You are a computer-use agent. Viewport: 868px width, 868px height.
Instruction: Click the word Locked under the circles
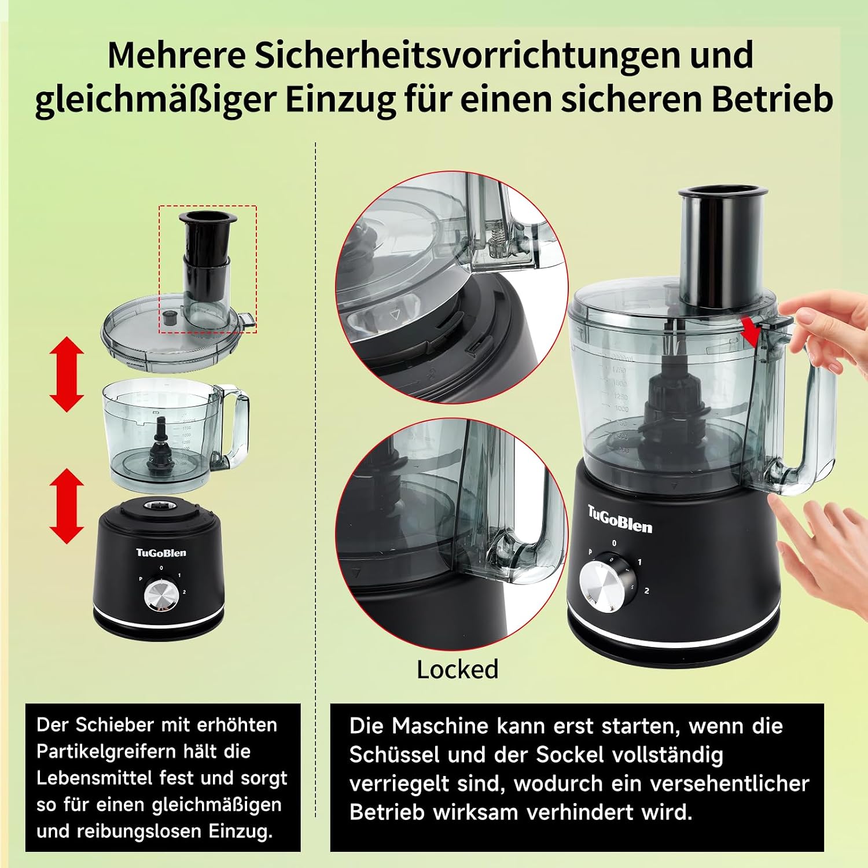457,670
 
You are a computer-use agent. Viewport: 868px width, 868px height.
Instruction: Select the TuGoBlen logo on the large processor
620,520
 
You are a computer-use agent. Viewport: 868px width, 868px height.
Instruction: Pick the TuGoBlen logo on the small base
161,553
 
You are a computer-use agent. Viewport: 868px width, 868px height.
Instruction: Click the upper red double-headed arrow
67,374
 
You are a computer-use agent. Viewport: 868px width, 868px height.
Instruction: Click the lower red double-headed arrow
67,506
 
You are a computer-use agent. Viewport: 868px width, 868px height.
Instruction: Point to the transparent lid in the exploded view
176,333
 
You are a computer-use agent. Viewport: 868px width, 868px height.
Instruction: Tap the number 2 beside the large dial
646,591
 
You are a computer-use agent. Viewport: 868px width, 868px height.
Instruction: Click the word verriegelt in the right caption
400,784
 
